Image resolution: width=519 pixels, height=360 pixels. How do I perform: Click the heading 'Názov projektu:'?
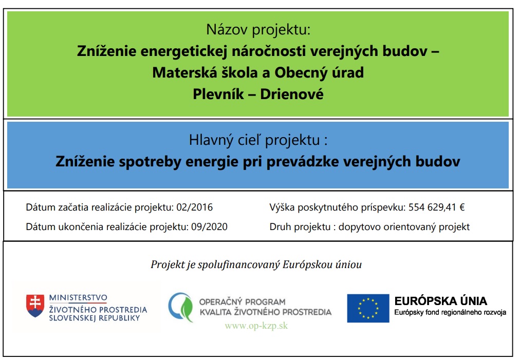[x=258, y=30]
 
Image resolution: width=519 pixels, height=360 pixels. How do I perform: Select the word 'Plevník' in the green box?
[x=218, y=94]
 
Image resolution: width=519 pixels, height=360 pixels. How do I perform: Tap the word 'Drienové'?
[x=291, y=94]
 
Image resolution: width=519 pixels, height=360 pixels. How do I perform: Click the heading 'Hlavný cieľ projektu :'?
[x=258, y=140]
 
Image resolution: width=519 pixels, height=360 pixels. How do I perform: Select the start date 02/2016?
[x=195, y=207]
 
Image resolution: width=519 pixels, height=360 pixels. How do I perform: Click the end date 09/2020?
[x=210, y=226]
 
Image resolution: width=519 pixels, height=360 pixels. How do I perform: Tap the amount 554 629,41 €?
[x=437, y=207]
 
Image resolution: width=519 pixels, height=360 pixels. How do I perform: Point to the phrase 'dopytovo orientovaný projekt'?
[x=404, y=227]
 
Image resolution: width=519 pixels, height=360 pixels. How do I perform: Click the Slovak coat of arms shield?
[x=35, y=306]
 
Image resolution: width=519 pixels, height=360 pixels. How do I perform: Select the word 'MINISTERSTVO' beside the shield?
[x=78, y=297]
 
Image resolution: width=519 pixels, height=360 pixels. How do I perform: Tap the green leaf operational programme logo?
[x=181, y=307]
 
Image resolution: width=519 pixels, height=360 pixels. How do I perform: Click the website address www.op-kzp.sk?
[x=256, y=326]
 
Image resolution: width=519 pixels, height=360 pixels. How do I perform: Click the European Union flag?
[x=368, y=308]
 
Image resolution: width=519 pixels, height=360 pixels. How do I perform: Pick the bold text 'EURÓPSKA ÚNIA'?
[x=440, y=301]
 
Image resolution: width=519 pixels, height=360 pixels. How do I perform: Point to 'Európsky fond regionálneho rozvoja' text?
[x=450, y=312]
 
